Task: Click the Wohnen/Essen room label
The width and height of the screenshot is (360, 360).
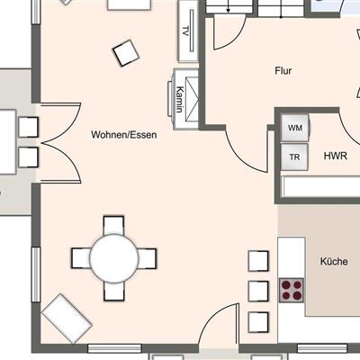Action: [x=124, y=135]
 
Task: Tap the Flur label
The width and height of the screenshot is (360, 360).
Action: [x=283, y=71]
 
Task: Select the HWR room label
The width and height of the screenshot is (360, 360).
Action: [x=336, y=156]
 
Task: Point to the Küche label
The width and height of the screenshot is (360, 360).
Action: [x=334, y=261]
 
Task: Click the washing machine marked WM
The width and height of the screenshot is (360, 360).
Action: [x=294, y=128]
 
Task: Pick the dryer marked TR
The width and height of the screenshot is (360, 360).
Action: [x=294, y=157]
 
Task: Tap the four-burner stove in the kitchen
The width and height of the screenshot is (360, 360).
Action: [x=292, y=290]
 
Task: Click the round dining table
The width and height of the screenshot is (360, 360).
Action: [x=114, y=258]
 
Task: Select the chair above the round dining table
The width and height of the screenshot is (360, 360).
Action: [x=113, y=225]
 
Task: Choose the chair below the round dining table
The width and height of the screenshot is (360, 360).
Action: [x=114, y=291]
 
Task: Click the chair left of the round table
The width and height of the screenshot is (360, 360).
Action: [x=81, y=258]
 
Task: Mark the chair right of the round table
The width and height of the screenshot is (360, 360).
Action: [x=147, y=258]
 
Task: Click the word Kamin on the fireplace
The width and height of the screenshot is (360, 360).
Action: [x=180, y=99]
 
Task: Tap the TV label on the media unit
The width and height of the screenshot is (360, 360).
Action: [x=185, y=31]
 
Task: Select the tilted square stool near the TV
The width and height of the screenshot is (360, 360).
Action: [x=126, y=53]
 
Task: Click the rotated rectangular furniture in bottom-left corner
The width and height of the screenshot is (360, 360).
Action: [x=67, y=319]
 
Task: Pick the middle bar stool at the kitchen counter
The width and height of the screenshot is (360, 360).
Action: [x=258, y=291]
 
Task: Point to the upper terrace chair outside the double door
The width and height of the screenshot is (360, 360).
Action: [x=28, y=127]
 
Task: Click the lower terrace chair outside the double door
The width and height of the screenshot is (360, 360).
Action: [x=28, y=157]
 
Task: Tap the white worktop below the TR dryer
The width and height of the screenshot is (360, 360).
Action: [x=321, y=186]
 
